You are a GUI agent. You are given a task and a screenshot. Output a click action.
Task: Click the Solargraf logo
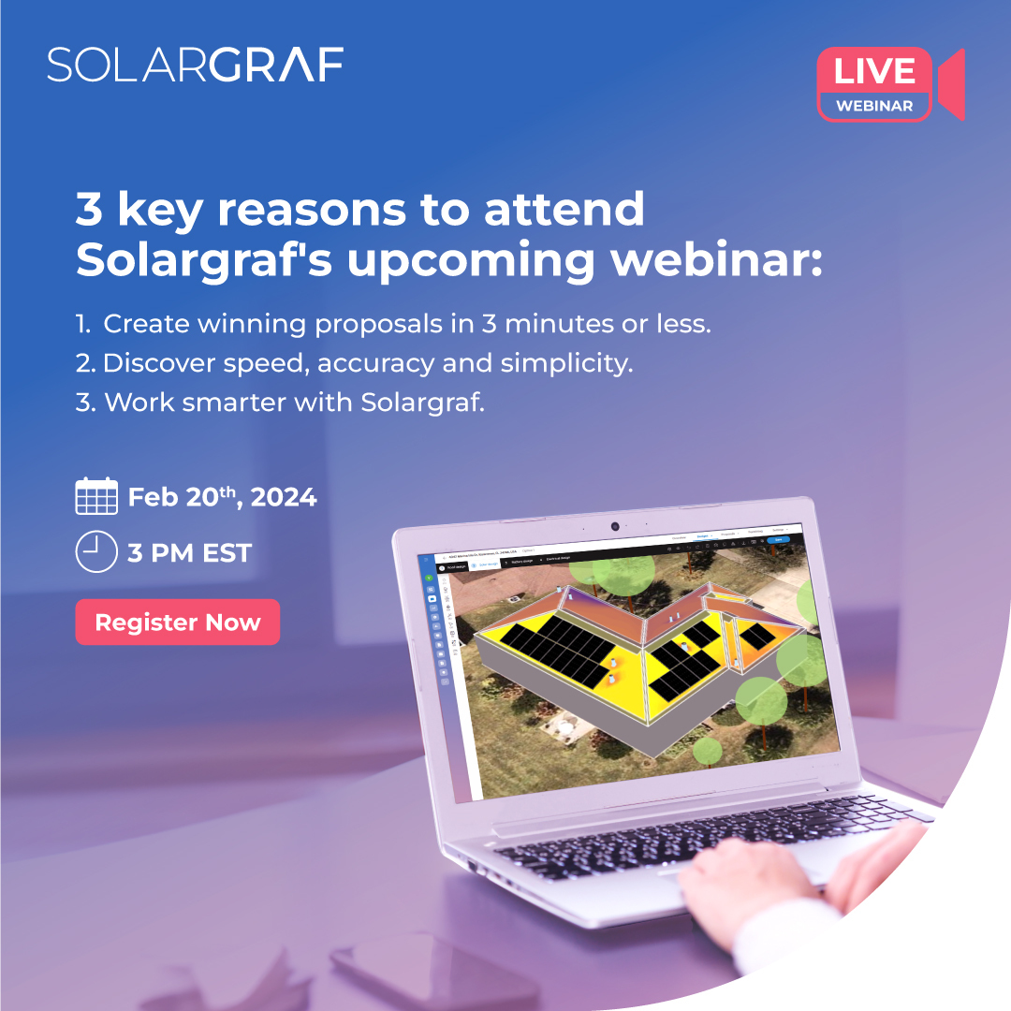(195, 65)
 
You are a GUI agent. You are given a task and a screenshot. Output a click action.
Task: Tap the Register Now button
(178, 623)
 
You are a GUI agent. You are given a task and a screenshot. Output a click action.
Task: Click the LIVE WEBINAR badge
(874, 84)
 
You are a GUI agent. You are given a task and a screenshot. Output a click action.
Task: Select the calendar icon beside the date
(95, 496)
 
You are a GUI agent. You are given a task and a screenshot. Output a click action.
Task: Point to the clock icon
(95, 552)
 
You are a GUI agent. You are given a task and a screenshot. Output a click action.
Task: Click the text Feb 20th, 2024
(223, 497)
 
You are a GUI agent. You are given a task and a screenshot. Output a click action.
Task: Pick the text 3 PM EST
(190, 553)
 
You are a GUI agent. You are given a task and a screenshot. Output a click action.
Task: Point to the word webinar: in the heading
(717, 261)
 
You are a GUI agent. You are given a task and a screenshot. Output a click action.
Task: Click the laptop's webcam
(615, 526)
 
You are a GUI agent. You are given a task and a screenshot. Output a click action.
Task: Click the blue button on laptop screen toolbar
(778, 539)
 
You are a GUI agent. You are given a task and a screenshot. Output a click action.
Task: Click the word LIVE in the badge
(874, 72)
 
